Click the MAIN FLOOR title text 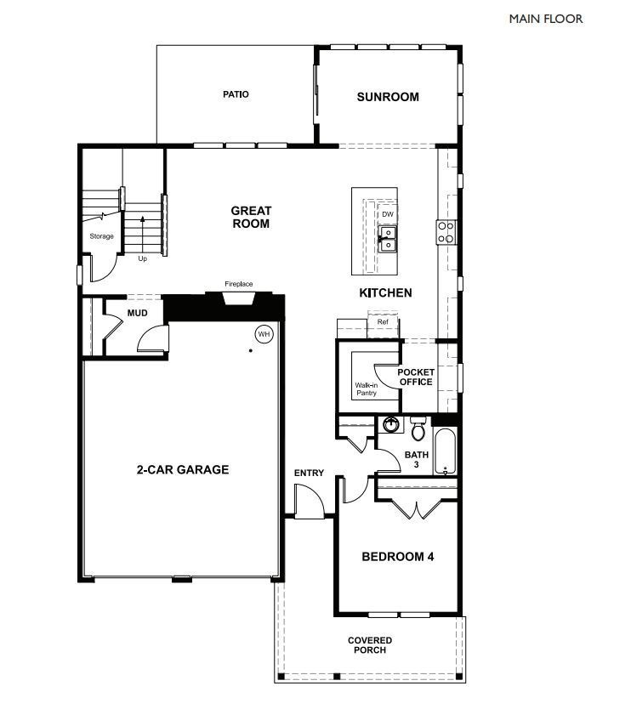click(546, 18)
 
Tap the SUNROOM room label click(388, 97)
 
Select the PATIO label click(236, 94)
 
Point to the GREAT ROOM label click(251, 217)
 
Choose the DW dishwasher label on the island click(388, 214)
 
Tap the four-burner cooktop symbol click(446, 231)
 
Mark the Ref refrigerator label click(383, 322)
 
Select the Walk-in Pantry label click(367, 389)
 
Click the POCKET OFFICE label click(416, 377)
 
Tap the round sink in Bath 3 click(392, 425)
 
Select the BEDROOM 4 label click(398, 558)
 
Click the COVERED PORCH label click(370, 645)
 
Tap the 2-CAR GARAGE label click(183, 469)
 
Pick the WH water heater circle click(264, 333)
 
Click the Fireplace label click(239, 284)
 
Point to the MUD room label click(138, 314)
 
